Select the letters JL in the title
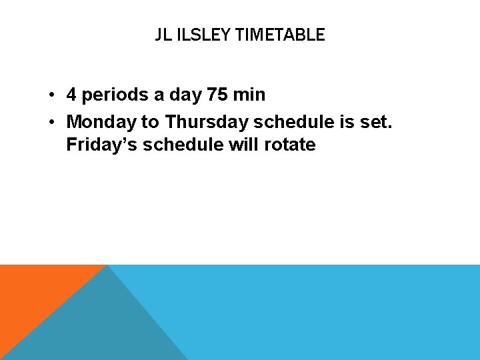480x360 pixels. pyautogui.click(x=163, y=35)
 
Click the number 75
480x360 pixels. pyautogui.click(x=217, y=95)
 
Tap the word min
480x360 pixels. pyautogui.click(x=249, y=95)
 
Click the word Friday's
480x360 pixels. pyautogui.click(x=99, y=145)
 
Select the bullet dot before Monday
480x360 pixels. pyautogui.click(x=51, y=121)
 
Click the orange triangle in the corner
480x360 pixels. pyautogui.click(x=33, y=293)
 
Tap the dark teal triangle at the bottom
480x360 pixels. pyautogui.click(x=100, y=327)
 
